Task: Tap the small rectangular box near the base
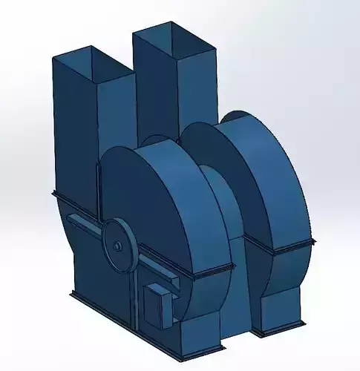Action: point(158,303)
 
